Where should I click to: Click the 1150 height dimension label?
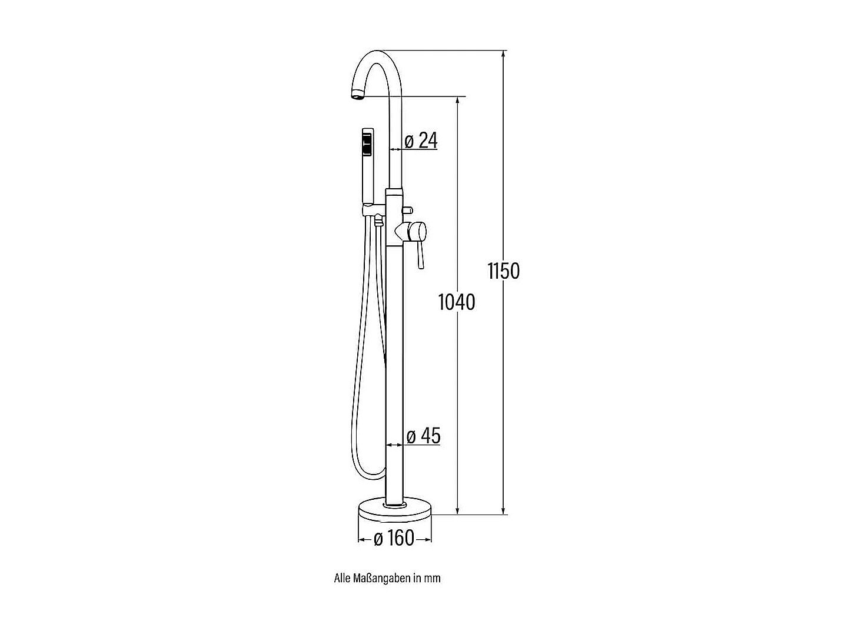point(504,270)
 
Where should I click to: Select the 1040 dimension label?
point(457,302)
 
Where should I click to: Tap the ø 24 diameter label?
point(421,140)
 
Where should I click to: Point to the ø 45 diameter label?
point(423,436)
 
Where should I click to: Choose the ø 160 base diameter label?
point(394,538)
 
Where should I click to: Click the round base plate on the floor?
point(395,509)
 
